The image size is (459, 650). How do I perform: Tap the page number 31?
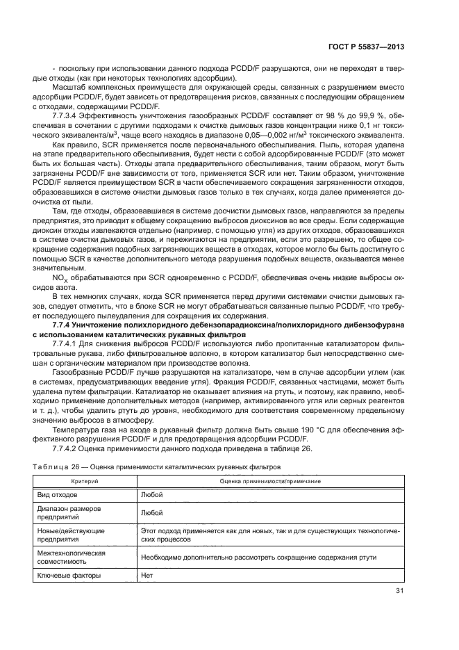pos(399,592)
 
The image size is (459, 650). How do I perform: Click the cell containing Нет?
pos(147,576)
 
